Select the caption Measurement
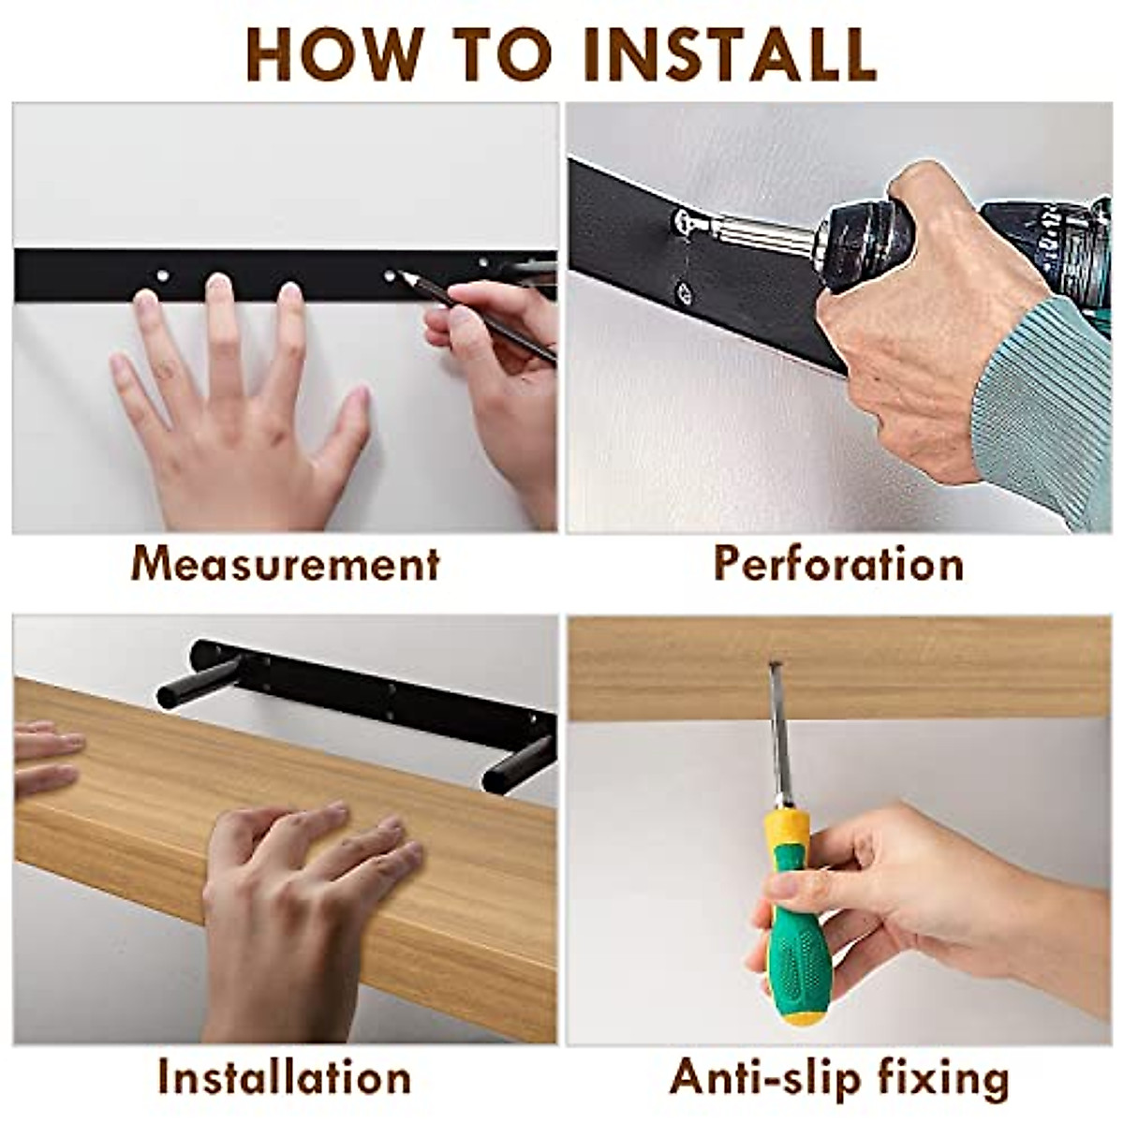click(285, 564)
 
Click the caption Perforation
click(838, 564)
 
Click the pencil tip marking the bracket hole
click(401, 274)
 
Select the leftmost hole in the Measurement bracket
click(161, 274)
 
